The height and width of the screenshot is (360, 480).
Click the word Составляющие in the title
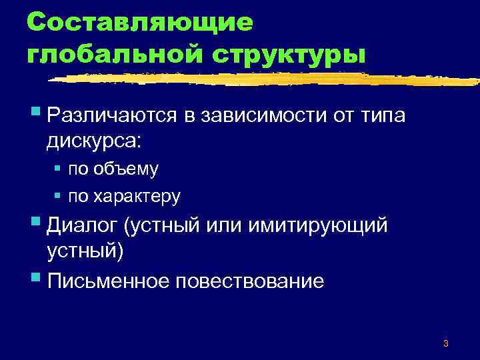(141, 23)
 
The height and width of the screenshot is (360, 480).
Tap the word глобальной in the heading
(107, 53)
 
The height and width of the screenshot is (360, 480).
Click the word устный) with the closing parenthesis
(86, 252)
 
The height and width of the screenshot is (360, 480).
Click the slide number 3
(445, 343)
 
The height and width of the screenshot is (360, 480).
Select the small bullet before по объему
(58, 169)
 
